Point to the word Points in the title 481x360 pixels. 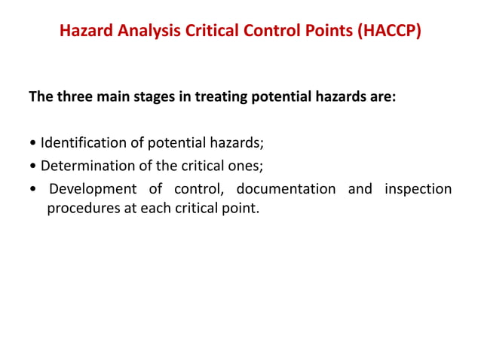(x=314, y=32)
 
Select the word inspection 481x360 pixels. (x=418, y=188)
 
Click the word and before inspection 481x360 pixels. (x=360, y=188)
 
